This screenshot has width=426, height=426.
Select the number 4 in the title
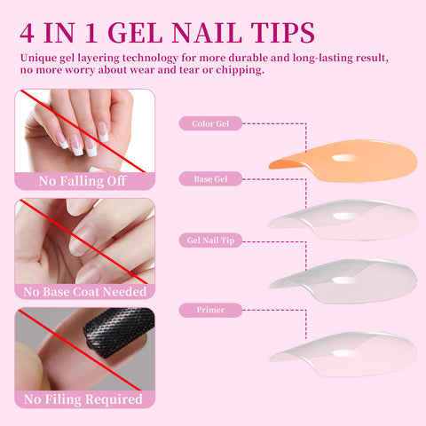click(x=28, y=33)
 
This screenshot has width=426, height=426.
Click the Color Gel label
click(x=210, y=123)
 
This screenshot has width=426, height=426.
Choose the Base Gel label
click(x=210, y=179)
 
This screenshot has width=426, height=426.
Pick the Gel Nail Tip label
click(x=210, y=241)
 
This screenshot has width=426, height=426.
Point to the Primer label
click(x=210, y=310)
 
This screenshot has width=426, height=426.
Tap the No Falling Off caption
click(x=83, y=182)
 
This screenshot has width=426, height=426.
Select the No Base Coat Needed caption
click(x=84, y=290)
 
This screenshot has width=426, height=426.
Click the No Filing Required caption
click(x=84, y=399)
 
